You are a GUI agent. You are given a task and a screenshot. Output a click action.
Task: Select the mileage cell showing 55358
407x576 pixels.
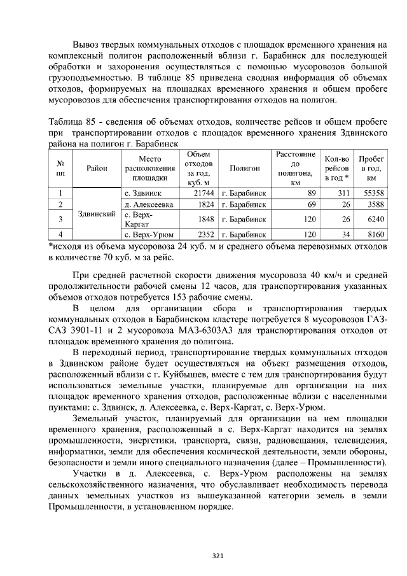[x=372, y=193]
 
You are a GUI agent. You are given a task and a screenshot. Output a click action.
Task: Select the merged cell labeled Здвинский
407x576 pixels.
[x=96, y=214]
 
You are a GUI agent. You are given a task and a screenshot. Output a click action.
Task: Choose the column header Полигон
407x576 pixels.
[x=244, y=168]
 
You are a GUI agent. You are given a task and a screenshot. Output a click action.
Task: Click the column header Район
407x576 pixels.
[x=96, y=168]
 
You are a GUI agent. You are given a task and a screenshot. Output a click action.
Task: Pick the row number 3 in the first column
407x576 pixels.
[x=60, y=219]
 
